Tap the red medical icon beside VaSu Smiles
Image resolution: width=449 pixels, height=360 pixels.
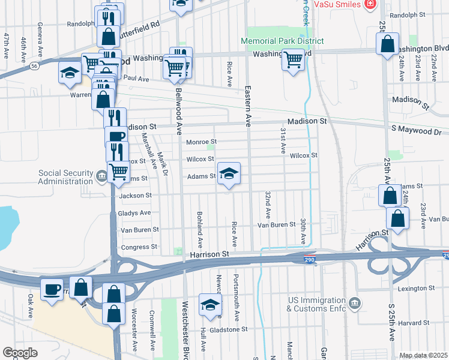[370, 4]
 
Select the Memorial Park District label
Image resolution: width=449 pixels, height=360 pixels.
[282, 41]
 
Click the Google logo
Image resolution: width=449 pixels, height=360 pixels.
[20, 353]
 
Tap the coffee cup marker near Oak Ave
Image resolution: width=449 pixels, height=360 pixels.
[52, 290]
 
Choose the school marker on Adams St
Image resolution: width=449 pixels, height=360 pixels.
[229, 174]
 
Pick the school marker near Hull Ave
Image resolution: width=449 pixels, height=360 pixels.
[209, 306]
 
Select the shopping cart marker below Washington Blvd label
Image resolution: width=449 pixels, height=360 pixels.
[293, 60]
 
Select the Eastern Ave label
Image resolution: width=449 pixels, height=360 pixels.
[247, 105]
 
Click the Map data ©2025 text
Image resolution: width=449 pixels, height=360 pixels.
[423, 355]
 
